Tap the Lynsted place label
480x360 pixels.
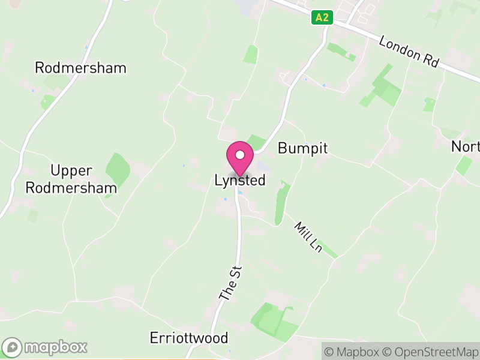(x=240, y=180)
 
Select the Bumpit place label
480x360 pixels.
(x=303, y=149)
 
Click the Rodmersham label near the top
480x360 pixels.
(x=80, y=68)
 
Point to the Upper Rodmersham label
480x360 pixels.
(x=83, y=179)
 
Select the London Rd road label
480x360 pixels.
(x=410, y=52)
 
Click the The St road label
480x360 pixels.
(x=230, y=283)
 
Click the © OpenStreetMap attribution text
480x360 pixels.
(x=431, y=351)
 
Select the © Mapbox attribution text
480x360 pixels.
(x=353, y=351)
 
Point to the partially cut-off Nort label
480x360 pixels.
(x=466, y=147)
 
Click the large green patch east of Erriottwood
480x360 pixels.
(x=273, y=321)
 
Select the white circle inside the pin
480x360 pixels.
(x=240, y=155)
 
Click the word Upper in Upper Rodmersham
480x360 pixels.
(x=71, y=171)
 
